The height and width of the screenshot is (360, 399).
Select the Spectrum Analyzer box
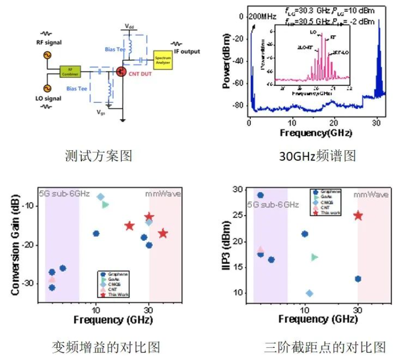click(x=163, y=61)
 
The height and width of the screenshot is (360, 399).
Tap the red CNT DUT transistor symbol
click(x=122, y=72)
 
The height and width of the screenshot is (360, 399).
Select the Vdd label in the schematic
click(x=130, y=26)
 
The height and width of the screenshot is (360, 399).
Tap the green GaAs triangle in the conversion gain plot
click(x=106, y=205)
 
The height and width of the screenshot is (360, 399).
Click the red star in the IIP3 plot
click(x=358, y=215)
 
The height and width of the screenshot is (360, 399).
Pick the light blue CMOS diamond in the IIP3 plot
click(x=309, y=294)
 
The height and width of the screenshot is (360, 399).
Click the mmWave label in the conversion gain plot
click(x=162, y=193)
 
